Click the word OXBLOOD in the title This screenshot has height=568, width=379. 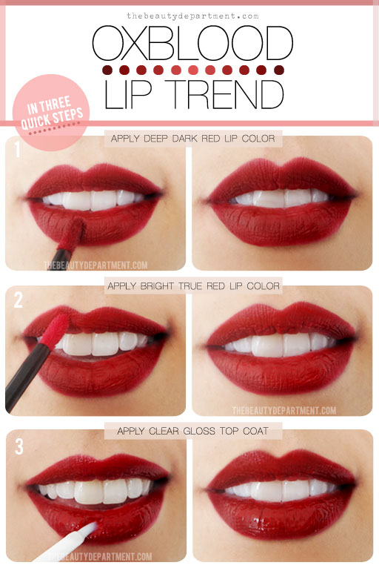tap(192, 43)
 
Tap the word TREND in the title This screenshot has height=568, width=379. tap(226, 94)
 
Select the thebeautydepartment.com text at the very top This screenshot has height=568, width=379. tap(192, 16)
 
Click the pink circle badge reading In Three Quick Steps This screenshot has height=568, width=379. tap(51, 112)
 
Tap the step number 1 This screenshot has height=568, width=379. tap(17, 149)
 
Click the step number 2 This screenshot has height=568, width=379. tap(19, 300)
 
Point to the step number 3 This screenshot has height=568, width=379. tap(19, 446)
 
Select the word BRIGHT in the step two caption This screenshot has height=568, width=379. tap(157, 286)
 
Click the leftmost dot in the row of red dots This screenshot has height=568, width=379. tap(107, 70)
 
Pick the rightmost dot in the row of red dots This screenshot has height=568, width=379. tap(279, 70)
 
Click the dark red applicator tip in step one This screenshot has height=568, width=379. tap(72, 234)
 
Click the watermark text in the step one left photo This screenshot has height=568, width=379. tap(95, 265)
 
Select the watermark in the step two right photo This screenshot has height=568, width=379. tap(284, 410)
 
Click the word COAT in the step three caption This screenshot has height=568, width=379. tap(255, 431)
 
